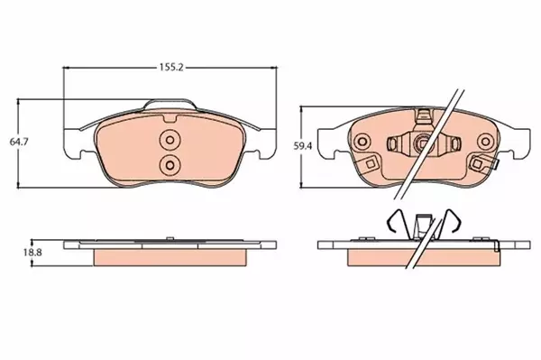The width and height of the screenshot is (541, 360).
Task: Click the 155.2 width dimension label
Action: [x=168, y=67]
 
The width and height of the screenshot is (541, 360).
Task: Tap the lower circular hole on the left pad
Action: [x=169, y=164]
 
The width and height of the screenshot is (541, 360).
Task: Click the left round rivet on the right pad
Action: [x=362, y=142]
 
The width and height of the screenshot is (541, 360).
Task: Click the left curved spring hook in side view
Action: [x=390, y=221]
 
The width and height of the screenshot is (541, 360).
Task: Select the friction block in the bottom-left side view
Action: [x=169, y=258]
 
